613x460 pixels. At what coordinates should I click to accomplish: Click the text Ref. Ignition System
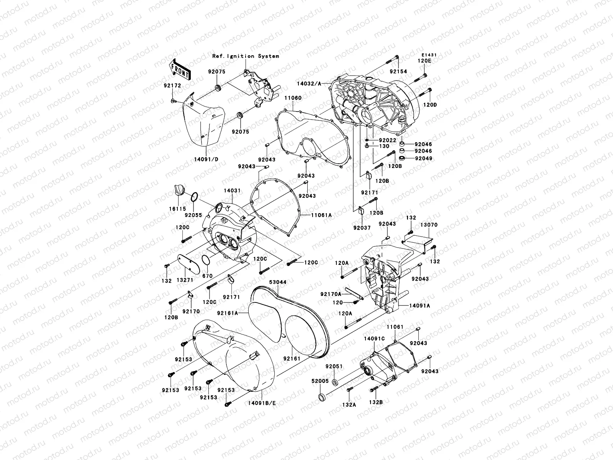point(246,56)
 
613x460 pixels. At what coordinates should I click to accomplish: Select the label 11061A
point(321,215)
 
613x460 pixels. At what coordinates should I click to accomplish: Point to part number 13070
point(429,225)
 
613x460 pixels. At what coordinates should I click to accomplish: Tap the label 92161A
point(228,313)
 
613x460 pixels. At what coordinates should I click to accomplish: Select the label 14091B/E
point(262,403)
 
